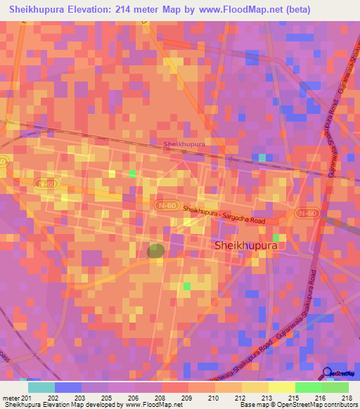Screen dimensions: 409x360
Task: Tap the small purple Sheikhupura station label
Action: click(184, 143)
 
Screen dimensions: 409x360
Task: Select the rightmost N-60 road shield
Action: click(307, 213)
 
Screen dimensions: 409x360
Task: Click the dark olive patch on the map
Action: click(156, 250)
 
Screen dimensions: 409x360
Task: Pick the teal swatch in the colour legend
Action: click(41, 387)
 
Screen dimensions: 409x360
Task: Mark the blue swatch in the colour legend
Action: click(68, 387)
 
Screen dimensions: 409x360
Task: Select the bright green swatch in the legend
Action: click(308, 387)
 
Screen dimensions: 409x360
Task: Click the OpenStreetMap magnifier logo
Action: click(328, 373)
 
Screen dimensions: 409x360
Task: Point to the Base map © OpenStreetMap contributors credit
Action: click(298, 405)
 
